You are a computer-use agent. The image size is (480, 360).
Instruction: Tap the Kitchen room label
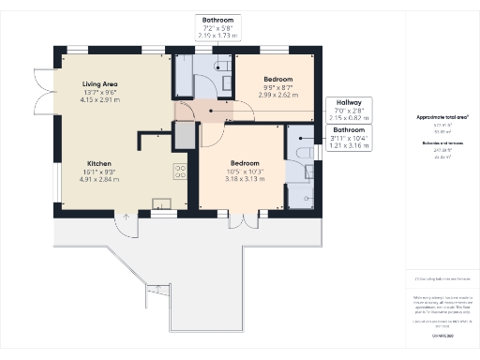[x=100, y=161]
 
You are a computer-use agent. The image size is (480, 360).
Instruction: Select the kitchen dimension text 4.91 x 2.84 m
[x=100, y=177]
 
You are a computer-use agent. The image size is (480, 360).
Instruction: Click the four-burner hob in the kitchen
[x=178, y=172]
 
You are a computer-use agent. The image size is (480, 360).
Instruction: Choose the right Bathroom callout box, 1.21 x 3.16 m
[x=348, y=137]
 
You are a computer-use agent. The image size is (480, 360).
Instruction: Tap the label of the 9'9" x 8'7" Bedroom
[x=278, y=80]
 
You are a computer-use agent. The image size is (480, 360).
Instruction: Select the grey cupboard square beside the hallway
[x=185, y=134]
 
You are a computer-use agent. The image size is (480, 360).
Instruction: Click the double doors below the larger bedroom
[x=241, y=221]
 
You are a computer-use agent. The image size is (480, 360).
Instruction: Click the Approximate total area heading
[x=441, y=117]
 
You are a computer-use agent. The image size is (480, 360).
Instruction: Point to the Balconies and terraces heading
[x=441, y=142]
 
